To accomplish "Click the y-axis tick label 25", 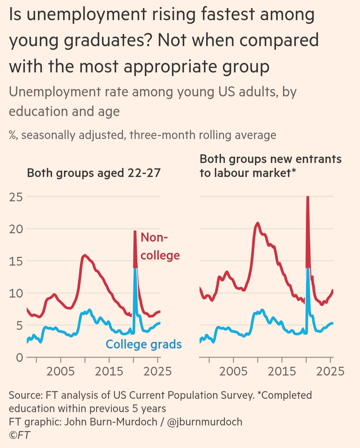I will coord(16,197).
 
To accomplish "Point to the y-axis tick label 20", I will coord(16,229).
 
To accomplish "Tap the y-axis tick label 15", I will coord(16,261).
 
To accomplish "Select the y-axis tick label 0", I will coord(20,358).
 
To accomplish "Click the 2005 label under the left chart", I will coord(61,371).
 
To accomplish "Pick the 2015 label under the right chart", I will coord(282,371).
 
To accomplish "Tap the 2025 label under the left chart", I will coord(157,371).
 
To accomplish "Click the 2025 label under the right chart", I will coord(330,371).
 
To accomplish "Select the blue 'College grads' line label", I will coord(144,344).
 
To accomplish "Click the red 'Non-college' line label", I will coord(159,246).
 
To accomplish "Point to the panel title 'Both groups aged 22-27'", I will coord(94,173).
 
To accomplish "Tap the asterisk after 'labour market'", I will coord(294,171).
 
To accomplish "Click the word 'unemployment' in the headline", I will coord(87,15).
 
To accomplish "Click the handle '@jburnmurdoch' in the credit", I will coord(205,422).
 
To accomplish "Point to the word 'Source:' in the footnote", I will coord(26,395).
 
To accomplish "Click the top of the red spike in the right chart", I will coord(308,197).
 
